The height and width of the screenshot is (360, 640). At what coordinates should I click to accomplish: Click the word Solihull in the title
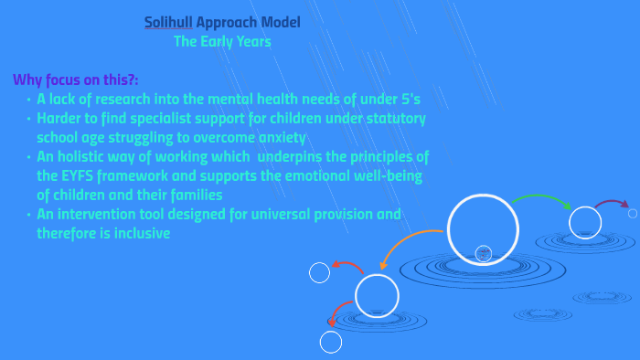pyautogui.click(x=168, y=21)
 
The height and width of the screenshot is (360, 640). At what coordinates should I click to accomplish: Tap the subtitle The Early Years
pyautogui.click(x=222, y=41)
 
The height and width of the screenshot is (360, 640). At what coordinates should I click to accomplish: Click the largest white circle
pyautogui.click(x=483, y=229)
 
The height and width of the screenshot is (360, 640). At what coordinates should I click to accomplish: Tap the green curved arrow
pyautogui.click(x=540, y=199)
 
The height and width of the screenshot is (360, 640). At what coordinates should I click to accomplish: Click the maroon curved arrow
pyautogui.click(x=610, y=203)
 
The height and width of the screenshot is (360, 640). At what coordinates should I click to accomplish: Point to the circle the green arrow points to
pyautogui.click(x=584, y=222)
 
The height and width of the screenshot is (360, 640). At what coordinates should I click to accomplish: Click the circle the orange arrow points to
pyautogui.click(x=377, y=295)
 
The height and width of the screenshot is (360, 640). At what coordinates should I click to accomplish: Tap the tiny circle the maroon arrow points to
pyautogui.click(x=633, y=213)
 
